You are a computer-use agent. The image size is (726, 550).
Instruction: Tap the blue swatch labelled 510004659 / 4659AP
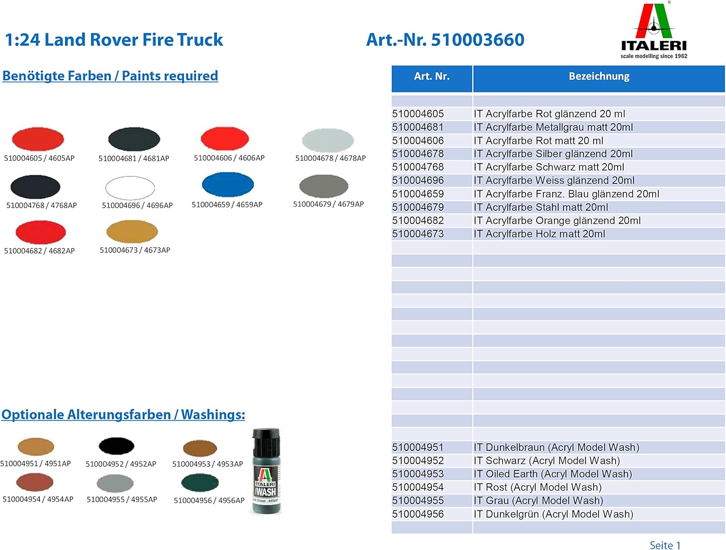tap(227, 184)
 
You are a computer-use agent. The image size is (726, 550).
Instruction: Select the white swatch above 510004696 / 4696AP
tap(130, 188)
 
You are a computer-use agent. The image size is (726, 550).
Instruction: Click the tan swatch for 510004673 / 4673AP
tap(132, 231)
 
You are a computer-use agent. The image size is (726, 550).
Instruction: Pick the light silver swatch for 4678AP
tap(328, 140)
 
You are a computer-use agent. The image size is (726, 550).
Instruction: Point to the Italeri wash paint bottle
tap(266, 470)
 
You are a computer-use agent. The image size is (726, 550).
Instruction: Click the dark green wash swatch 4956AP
tap(200, 483)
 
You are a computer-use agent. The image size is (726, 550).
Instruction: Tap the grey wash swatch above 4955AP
tap(115, 483)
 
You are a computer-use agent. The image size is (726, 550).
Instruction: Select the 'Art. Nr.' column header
tap(432, 76)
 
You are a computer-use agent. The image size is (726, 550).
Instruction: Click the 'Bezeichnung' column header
tap(599, 76)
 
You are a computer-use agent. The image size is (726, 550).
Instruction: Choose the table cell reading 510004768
tap(418, 167)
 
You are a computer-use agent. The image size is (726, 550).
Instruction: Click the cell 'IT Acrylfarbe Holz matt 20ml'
tap(539, 234)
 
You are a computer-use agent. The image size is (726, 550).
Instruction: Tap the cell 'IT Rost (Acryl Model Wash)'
tap(537, 487)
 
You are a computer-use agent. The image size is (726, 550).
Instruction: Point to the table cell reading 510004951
tap(418, 447)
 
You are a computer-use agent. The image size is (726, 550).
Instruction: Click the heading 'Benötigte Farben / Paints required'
tap(110, 76)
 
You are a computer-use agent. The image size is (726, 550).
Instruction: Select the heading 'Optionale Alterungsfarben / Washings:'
tap(123, 415)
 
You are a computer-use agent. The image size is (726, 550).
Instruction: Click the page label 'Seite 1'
tap(665, 545)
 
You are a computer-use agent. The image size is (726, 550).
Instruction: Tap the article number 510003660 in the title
tap(477, 40)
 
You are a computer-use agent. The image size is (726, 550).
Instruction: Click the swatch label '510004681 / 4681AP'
tap(134, 158)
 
